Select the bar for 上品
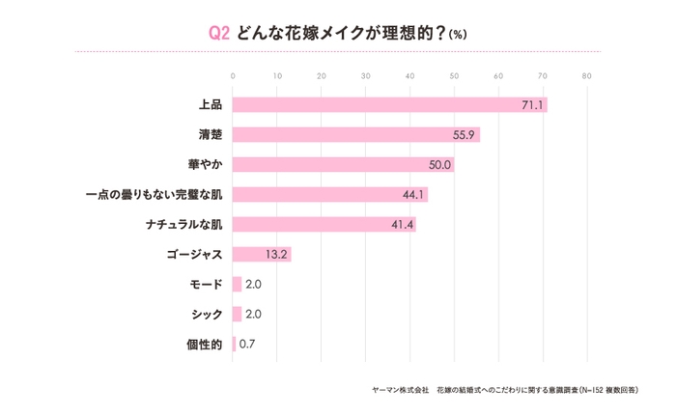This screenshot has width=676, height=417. pyautogui.click(x=389, y=105)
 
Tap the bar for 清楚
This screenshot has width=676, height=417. pyautogui.click(x=355, y=135)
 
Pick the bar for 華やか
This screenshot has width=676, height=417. pyautogui.click(x=343, y=165)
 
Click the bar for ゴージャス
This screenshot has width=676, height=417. pyautogui.click(x=262, y=255)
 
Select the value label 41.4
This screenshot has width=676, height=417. pyautogui.click(x=402, y=225)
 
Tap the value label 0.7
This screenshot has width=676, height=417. pyautogui.click(x=247, y=344)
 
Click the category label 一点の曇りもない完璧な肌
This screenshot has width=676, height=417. pyautogui.click(x=155, y=195)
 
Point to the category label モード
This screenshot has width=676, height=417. pyautogui.click(x=207, y=285)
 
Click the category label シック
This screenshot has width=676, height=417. pyautogui.click(x=207, y=315)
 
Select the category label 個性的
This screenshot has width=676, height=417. pyautogui.click(x=205, y=344)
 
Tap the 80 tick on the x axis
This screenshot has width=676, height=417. pyautogui.click(x=586, y=75)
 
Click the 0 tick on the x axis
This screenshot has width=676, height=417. pyautogui.click(x=233, y=75)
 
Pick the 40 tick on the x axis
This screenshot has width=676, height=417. pyautogui.click(x=409, y=75)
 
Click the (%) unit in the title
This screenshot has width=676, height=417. pyautogui.click(x=458, y=33)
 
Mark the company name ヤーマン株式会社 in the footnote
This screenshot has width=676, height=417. pyautogui.click(x=399, y=389)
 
